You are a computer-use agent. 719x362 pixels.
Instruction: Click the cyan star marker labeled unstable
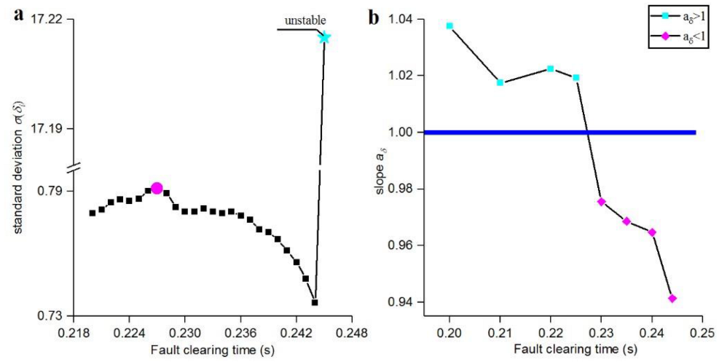click(x=324, y=37)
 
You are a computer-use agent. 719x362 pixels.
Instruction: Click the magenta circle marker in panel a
click(x=157, y=189)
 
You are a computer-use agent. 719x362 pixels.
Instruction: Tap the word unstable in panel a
click(x=305, y=21)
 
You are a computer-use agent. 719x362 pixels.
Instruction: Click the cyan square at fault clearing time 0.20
click(x=449, y=25)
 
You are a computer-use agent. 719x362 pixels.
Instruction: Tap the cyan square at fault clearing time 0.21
click(x=500, y=82)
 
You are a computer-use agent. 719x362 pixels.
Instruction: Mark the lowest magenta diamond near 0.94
click(x=672, y=298)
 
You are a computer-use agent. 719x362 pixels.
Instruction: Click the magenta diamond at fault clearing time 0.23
click(x=601, y=202)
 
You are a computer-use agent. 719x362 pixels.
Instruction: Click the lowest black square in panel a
click(x=315, y=302)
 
